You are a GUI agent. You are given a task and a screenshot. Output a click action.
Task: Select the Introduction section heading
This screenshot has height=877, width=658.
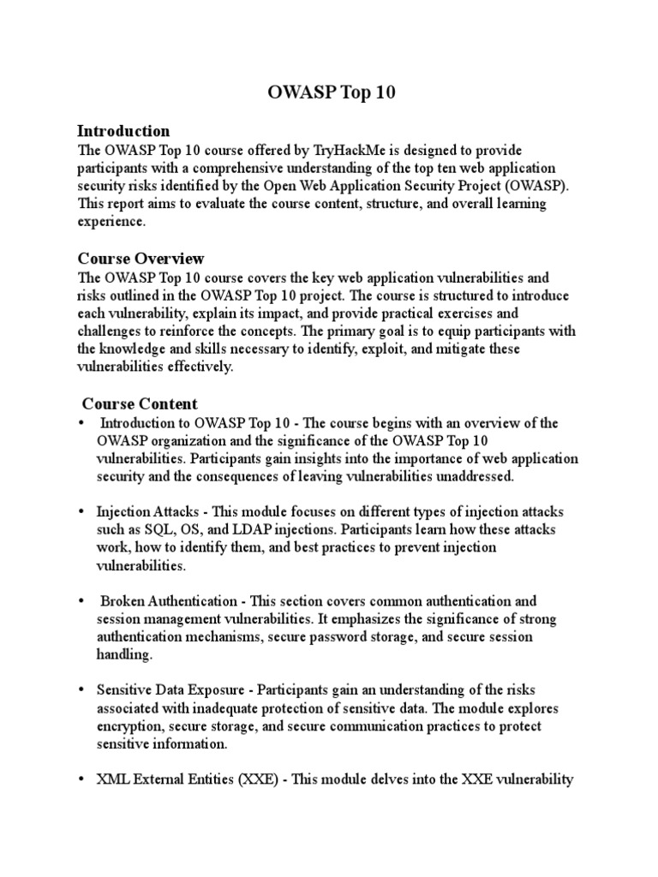click(x=123, y=131)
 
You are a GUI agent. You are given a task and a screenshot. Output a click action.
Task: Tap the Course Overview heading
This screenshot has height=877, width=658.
click(x=141, y=258)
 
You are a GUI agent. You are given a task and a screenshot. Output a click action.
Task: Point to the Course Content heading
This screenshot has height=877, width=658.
click(x=140, y=403)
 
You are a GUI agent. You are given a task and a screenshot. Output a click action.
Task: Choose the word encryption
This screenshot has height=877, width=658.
click(x=127, y=726)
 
